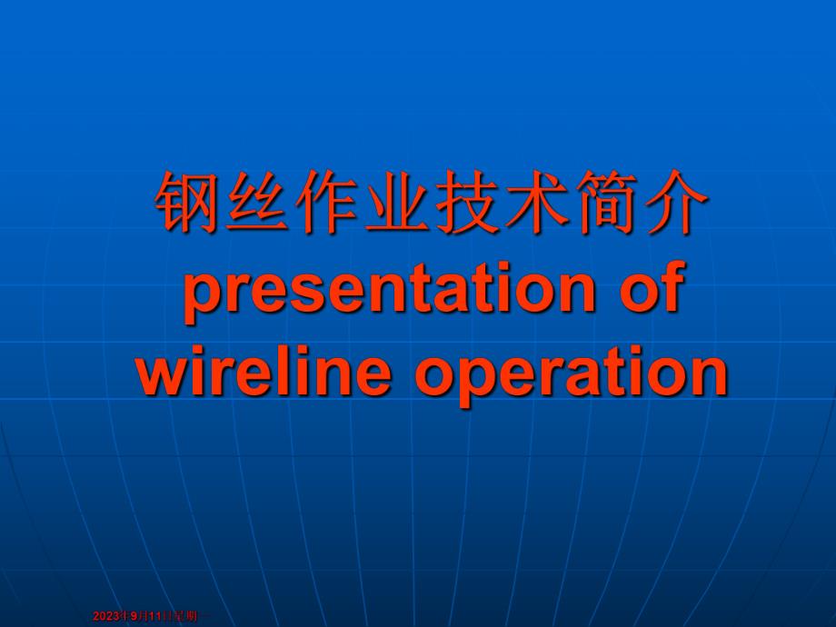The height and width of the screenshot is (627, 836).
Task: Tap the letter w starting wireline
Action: (161, 374)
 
